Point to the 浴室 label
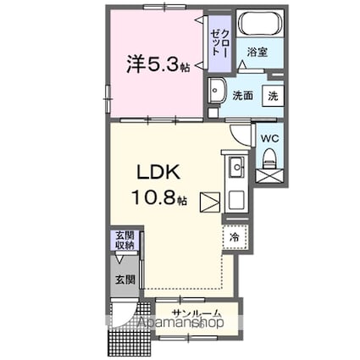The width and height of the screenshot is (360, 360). pos(258,53)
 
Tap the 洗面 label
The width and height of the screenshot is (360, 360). pos(243,97)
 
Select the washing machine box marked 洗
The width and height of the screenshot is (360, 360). pos(273,96)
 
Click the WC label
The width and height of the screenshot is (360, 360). pos(267,137)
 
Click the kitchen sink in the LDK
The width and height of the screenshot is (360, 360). pos(235,167)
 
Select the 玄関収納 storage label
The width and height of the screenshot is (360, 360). pos(125,240)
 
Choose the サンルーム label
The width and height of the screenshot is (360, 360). pos(196,313)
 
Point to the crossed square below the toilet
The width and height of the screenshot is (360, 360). pos(269,178)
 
